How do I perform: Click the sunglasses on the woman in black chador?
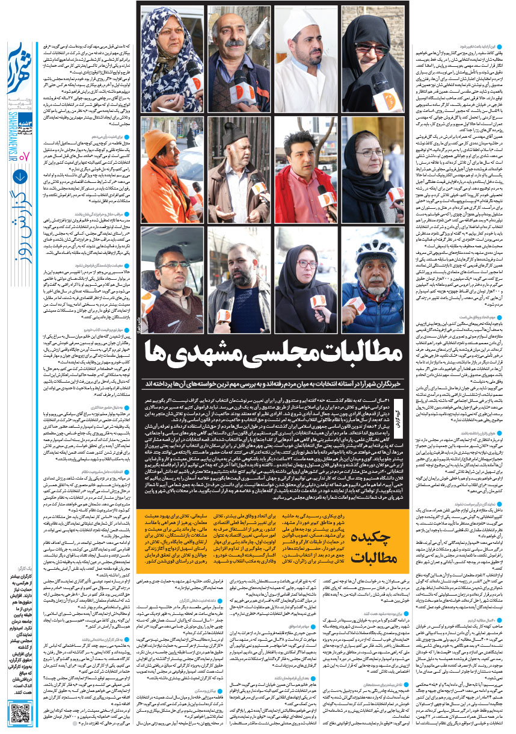point(371,48)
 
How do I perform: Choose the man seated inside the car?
point(170,283)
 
